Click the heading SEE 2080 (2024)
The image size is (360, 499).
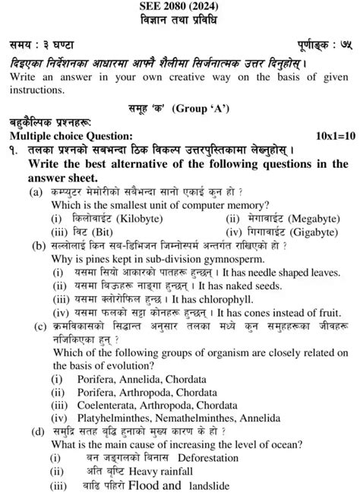179,6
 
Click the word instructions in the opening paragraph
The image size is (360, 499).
34,88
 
